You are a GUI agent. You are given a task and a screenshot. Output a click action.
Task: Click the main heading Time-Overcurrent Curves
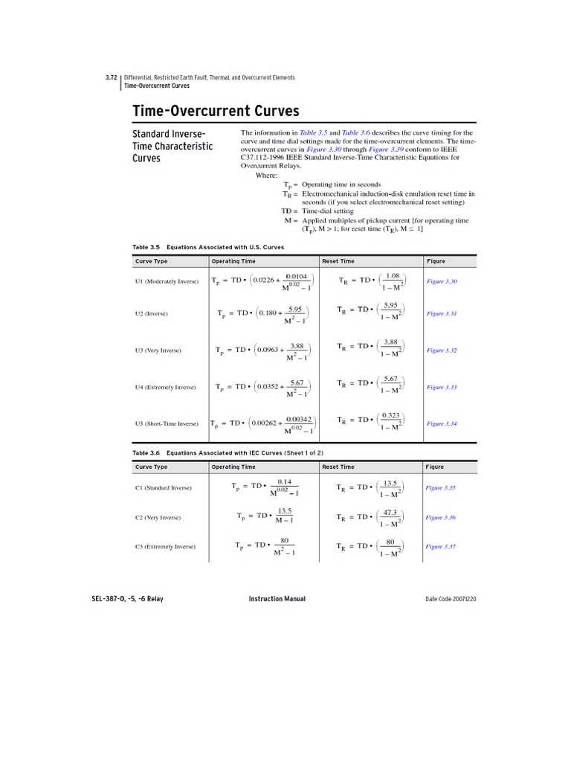(x=216, y=111)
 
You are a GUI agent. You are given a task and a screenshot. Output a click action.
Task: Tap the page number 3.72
(x=111, y=77)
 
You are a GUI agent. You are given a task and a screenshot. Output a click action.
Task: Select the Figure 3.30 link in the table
(x=442, y=281)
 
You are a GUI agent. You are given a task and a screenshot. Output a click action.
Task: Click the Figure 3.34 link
(x=442, y=423)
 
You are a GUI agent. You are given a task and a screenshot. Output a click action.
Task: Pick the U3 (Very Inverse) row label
(x=158, y=350)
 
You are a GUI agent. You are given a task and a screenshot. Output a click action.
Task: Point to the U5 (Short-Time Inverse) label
(x=167, y=423)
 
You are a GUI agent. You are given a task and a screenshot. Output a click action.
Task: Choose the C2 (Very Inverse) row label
(x=158, y=517)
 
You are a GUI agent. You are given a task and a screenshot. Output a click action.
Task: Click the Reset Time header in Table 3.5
(x=338, y=261)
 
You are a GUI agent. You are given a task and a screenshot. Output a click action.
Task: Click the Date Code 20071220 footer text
(x=451, y=599)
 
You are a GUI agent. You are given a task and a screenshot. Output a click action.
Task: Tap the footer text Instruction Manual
(x=277, y=599)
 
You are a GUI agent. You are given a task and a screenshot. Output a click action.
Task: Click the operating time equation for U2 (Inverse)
(x=262, y=313)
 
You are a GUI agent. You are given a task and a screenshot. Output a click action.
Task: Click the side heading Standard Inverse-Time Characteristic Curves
(x=172, y=146)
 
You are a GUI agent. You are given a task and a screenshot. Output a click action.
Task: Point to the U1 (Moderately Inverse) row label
(x=167, y=281)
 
